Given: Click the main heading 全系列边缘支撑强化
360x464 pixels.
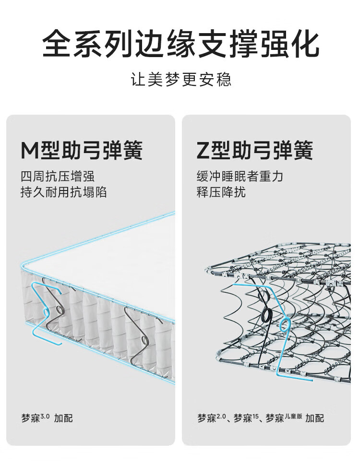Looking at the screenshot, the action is tap(181, 44).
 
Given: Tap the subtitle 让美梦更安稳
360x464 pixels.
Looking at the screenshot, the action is tap(181, 79).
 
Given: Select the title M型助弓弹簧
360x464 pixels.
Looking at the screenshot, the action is tap(82, 150).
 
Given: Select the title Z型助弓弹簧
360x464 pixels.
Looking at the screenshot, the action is tap(255, 150).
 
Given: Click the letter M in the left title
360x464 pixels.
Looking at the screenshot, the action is tap(30, 150).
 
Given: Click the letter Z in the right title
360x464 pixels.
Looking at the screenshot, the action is tap(204, 150).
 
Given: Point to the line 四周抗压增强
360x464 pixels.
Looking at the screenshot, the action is tap(58, 177).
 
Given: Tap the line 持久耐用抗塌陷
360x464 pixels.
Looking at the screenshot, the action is tap(64, 192).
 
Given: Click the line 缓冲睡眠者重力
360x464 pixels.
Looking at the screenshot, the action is tap(240, 177).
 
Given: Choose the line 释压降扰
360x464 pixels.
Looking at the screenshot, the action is tap(221, 192).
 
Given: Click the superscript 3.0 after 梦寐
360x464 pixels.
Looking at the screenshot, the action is tap(45, 416).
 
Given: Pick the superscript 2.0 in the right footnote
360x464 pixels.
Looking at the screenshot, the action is tap(221, 416).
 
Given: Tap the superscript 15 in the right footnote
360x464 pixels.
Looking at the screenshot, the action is tap(255, 416).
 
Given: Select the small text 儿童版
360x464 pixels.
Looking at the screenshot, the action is tap(293, 416).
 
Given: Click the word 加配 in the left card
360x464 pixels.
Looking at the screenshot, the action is tap(63, 418).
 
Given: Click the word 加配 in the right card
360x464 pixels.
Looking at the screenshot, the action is tap(315, 418).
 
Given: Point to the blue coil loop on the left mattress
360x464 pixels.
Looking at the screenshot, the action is tap(46, 312).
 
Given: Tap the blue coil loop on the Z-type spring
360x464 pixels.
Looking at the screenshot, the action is tap(285, 324).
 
